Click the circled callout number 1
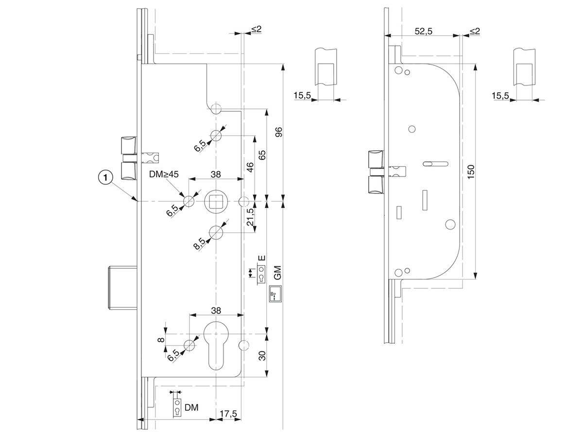pyautogui.click(x=106, y=177)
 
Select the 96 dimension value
pyautogui.click(x=278, y=132)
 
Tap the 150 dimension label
pyautogui.click(x=471, y=172)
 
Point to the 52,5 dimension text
pyautogui.click(x=423, y=31)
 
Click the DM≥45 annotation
pyautogui.click(x=164, y=175)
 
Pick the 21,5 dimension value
pyautogui.click(x=250, y=217)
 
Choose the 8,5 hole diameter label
pyautogui.click(x=200, y=244)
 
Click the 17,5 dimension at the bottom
pyautogui.click(x=228, y=414)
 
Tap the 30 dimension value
pyautogui.click(x=262, y=355)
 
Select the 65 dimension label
pyautogui.click(x=262, y=155)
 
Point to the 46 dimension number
pyautogui.click(x=250, y=167)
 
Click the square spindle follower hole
pyautogui.click(x=215, y=202)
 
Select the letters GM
pyautogui.click(x=277, y=272)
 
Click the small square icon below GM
pyautogui.click(x=275, y=294)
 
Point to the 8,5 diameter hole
pyautogui.click(x=216, y=232)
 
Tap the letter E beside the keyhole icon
pyautogui.click(x=262, y=258)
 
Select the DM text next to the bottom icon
pyautogui.click(x=191, y=408)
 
